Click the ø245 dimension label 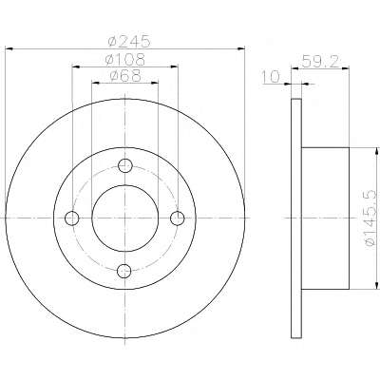[x=128, y=41]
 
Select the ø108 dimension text [x=125, y=59]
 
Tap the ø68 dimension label [x=125, y=76]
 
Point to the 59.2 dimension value [x=320, y=61]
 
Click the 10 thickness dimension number [x=271, y=76]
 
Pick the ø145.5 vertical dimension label [x=370, y=218]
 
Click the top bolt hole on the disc [x=124, y=165]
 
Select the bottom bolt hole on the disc [x=124, y=271]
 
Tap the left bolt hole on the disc [x=72, y=218]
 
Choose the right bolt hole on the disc [x=178, y=218]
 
